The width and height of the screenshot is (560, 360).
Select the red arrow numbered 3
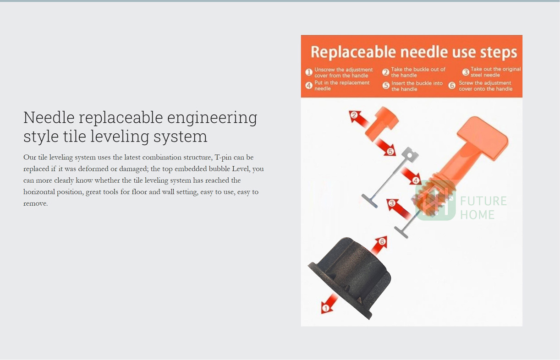[398, 208]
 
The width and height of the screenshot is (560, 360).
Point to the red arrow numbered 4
[411, 176]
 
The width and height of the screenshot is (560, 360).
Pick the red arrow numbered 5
[385, 147]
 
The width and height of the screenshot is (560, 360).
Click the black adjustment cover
[350, 278]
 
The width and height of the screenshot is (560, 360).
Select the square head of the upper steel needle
[410, 154]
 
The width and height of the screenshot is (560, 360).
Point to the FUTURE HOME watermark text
[483, 207]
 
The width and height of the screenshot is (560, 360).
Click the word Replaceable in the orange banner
[353, 52]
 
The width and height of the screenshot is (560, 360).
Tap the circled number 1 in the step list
[309, 72]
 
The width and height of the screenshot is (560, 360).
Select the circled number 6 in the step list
[452, 86]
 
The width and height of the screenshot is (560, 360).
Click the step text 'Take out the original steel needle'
[495, 72]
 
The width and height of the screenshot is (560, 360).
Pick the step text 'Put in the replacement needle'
[342, 86]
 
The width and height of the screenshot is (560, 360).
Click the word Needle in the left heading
[49, 117]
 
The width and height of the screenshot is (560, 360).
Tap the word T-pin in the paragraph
[223, 158]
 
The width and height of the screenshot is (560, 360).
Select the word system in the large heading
[180, 136]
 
